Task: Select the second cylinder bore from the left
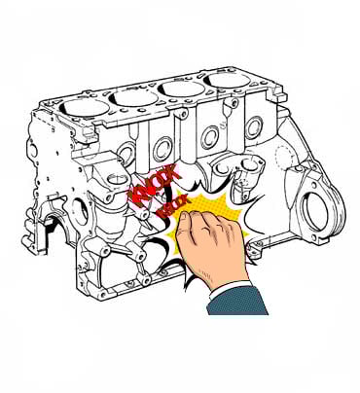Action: click(133, 98)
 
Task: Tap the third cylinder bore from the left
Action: click(180, 89)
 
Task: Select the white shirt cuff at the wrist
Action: click(232, 289)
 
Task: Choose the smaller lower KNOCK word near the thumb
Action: click(171, 207)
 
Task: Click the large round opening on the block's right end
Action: click(316, 212)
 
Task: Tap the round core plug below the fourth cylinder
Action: click(253, 128)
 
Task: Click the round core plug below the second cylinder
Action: click(162, 148)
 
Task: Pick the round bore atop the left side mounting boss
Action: click(115, 179)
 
